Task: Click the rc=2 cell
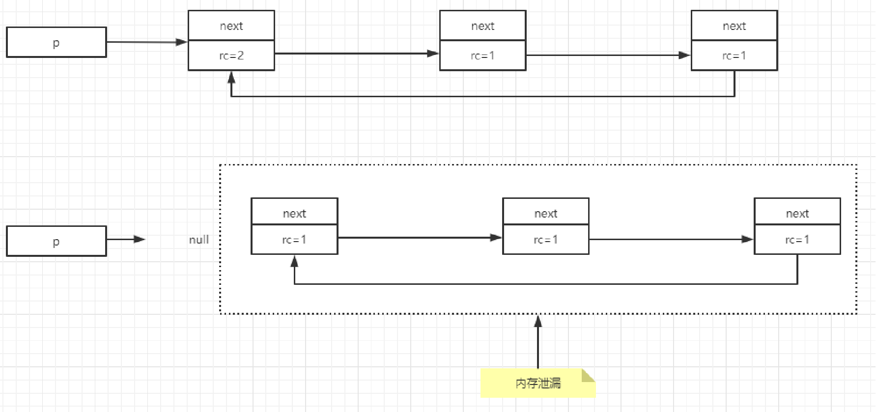click(x=231, y=55)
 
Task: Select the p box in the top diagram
click(x=57, y=42)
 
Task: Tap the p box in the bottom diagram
click(x=57, y=241)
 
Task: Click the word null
click(x=199, y=240)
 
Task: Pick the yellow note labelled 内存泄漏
click(x=538, y=383)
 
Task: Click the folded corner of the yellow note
click(x=589, y=375)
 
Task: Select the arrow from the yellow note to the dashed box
click(x=538, y=342)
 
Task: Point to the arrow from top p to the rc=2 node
click(x=147, y=42)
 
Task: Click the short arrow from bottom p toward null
click(x=126, y=240)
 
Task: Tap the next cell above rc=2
click(x=231, y=26)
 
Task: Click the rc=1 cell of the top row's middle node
click(x=483, y=55)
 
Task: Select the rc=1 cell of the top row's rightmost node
click(x=735, y=55)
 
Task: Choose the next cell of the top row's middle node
click(x=483, y=26)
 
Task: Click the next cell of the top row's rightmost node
click(x=735, y=26)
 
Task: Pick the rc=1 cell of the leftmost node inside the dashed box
click(x=294, y=240)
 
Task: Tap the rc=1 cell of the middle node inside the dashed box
click(x=546, y=240)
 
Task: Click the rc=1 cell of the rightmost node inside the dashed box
click(x=797, y=240)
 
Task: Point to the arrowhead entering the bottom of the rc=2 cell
click(x=231, y=77)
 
